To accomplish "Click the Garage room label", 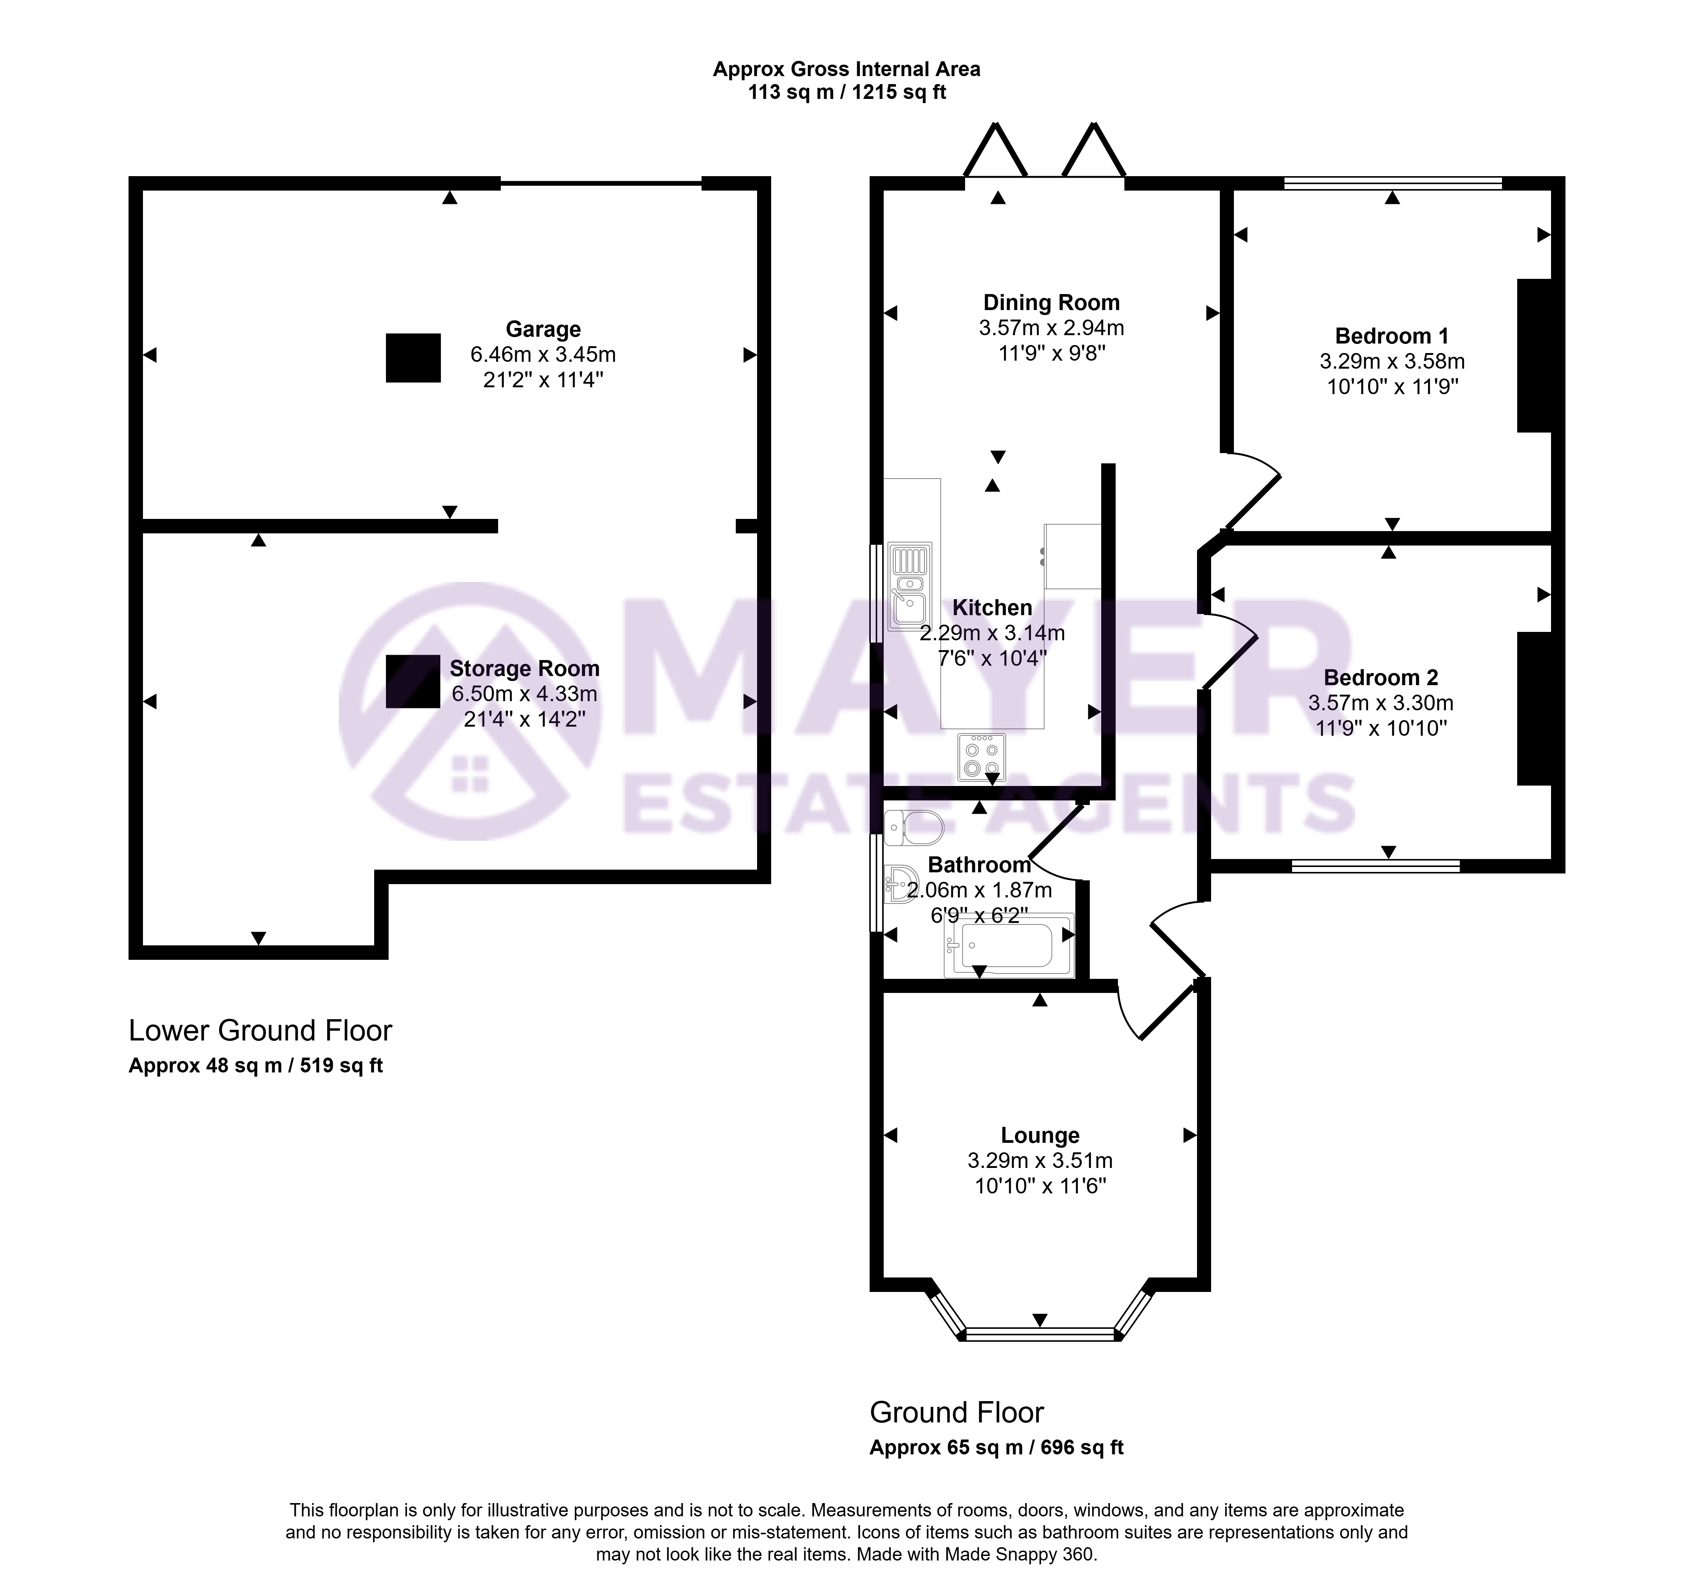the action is [x=543, y=329].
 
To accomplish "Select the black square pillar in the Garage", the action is [x=413, y=358].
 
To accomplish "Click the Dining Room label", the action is [x=1051, y=302].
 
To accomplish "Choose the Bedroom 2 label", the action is [x=1380, y=678].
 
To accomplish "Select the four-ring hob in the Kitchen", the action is [x=982, y=757].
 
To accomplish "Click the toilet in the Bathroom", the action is [x=913, y=827].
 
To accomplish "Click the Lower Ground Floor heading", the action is [x=260, y=1031].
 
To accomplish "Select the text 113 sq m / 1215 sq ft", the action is [x=847, y=92].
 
